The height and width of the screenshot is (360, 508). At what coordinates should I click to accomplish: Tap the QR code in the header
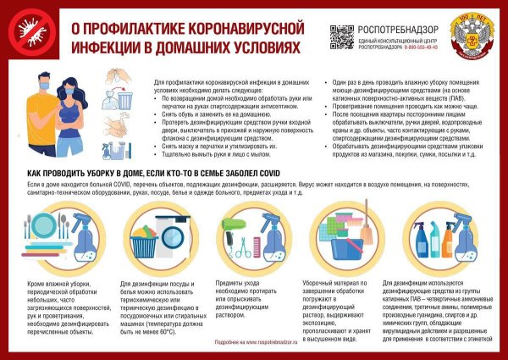point(341,36)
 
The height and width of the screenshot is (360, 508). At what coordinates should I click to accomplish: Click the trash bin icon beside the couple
point(124,100)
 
